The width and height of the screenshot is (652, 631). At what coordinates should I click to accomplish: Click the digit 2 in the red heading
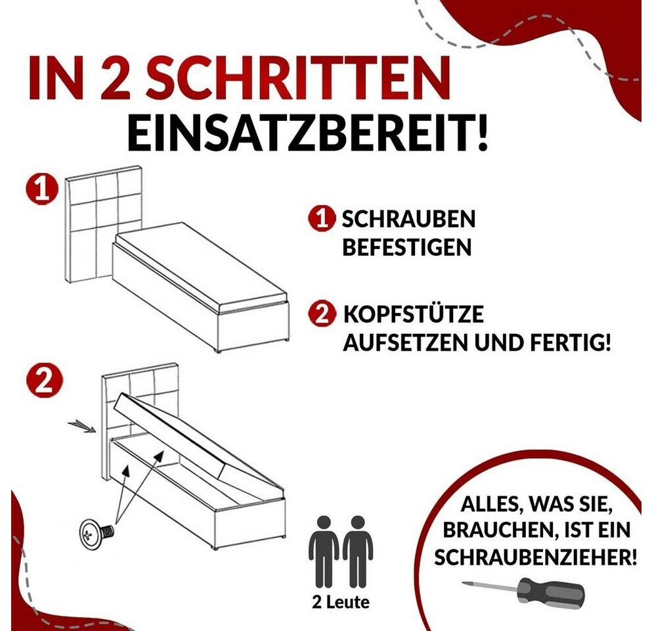113,79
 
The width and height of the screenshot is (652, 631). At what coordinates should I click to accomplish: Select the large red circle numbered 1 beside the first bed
41,189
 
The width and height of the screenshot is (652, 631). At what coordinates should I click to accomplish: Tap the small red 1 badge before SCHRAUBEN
322,218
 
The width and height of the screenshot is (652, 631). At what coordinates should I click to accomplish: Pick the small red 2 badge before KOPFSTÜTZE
322,314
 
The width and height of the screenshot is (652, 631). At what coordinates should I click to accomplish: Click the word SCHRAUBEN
408,219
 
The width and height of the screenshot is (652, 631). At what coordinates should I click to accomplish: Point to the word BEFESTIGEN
406,247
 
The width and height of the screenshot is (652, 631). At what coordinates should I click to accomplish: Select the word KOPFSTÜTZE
413,314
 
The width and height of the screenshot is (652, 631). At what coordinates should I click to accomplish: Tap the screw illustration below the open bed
97,534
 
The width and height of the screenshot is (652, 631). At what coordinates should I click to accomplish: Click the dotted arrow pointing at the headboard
82,426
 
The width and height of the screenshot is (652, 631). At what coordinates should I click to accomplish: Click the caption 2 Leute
340,602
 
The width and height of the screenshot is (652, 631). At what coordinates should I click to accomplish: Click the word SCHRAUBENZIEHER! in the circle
535,557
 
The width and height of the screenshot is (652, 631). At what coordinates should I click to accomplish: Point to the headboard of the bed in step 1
104,224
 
